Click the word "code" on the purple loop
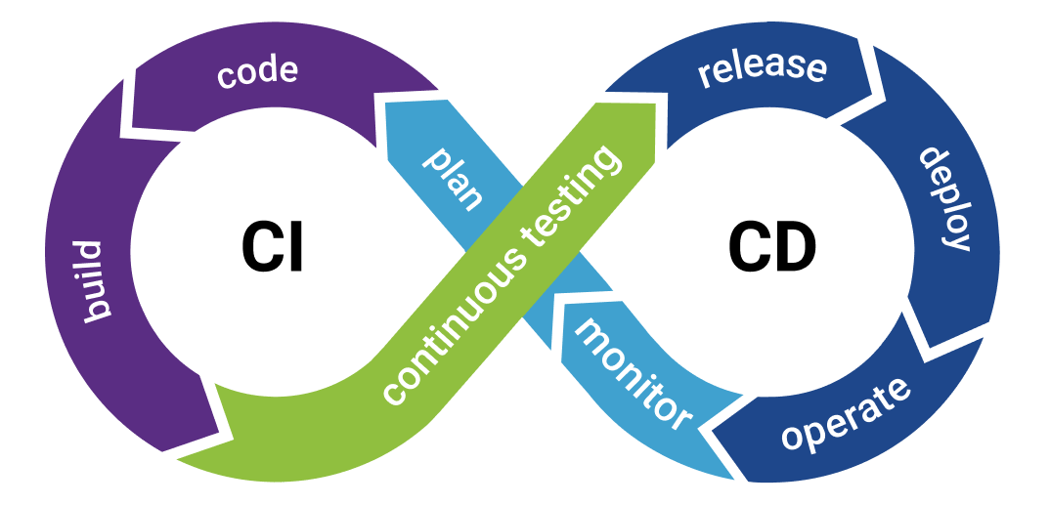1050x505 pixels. click(x=257, y=74)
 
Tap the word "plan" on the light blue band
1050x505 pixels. click(x=453, y=178)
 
